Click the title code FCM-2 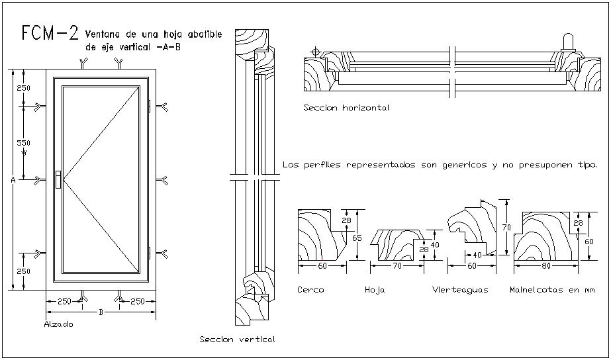(50, 34)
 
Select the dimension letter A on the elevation (13, 179)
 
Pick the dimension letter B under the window (101, 311)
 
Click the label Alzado (58, 324)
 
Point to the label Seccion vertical (237, 339)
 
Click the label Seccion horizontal (346, 107)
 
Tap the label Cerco (310, 290)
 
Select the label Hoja (375, 290)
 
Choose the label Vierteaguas (460, 290)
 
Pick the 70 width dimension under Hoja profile (397, 266)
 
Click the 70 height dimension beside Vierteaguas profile (505, 227)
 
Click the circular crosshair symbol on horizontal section (316, 51)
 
